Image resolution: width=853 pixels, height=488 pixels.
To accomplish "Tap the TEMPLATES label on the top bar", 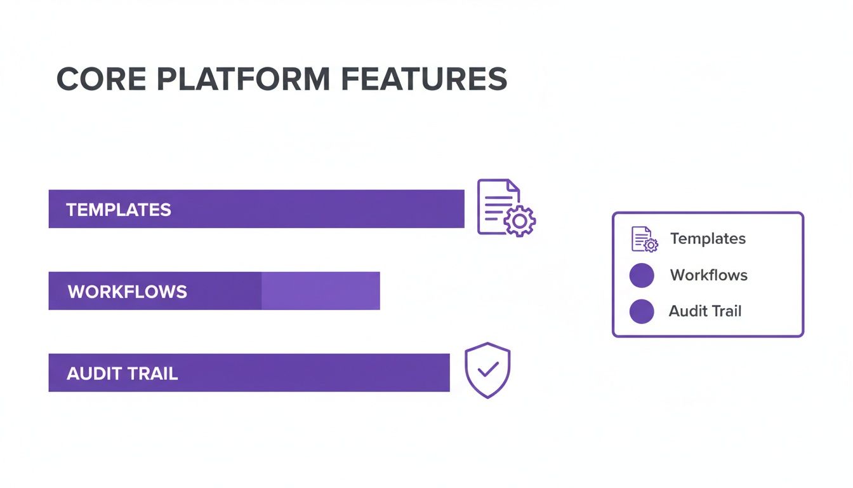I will pyautogui.click(x=119, y=210).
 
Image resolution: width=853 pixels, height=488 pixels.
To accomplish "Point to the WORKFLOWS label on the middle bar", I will pyautogui.click(x=128, y=292).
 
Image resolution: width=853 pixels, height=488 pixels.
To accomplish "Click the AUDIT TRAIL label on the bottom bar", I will pyautogui.click(x=122, y=374).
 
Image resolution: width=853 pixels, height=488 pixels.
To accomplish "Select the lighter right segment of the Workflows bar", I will pyautogui.click(x=321, y=291).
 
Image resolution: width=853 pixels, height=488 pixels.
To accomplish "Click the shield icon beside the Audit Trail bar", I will pyautogui.click(x=487, y=370).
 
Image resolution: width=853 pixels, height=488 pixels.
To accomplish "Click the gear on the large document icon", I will pyautogui.click(x=520, y=220).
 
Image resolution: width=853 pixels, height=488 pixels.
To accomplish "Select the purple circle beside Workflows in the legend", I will pyautogui.click(x=642, y=276).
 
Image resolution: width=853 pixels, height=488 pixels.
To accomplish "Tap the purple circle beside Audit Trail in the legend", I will pyautogui.click(x=642, y=311).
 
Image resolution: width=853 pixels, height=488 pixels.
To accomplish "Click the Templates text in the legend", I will pyautogui.click(x=708, y=239).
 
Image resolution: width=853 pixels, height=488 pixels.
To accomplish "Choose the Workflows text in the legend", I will pyautogui.click(x=709, y=275).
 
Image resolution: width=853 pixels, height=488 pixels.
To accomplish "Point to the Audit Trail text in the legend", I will pyautogui.click(x=705, y=311).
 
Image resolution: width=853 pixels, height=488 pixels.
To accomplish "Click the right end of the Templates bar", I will pyautogui.click(x=460, y=209).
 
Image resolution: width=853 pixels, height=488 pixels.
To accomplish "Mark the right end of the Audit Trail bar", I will pyautogui.click(x=445, y=373).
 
